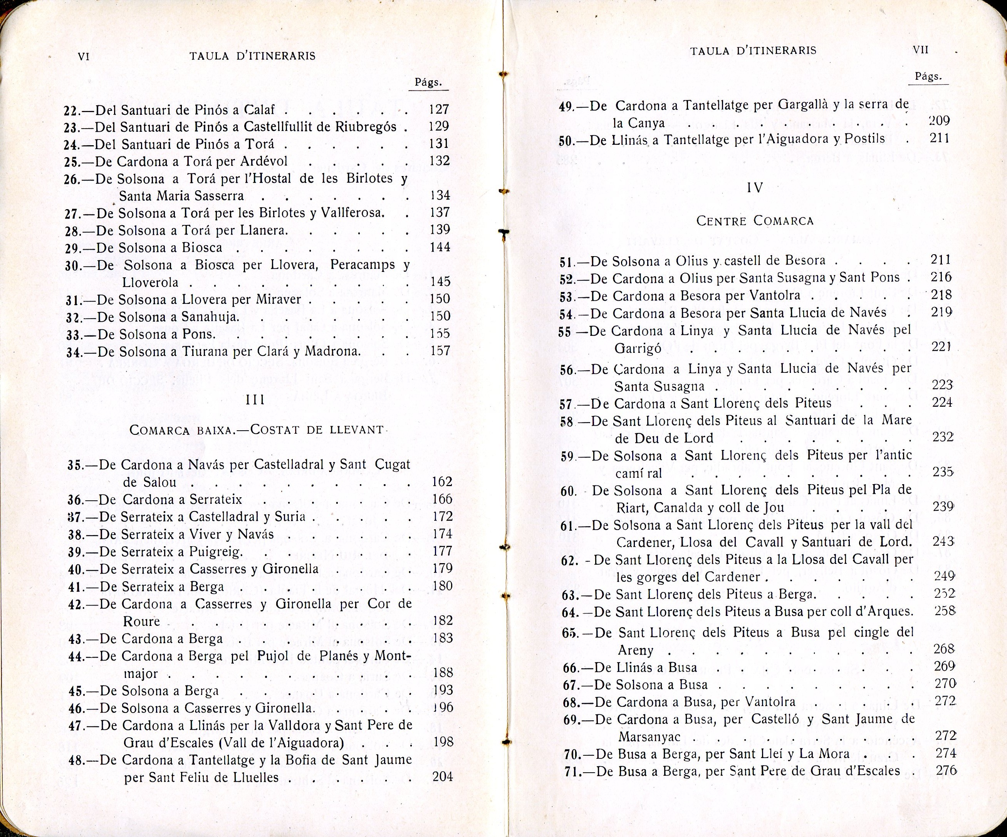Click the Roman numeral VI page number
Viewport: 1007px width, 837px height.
click(84, 56)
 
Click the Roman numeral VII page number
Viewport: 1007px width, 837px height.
click(921, 50)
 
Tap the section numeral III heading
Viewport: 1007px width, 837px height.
click(255, 400)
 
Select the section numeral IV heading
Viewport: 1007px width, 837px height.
click(755, 188)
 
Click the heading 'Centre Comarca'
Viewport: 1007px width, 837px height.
click(755, 221)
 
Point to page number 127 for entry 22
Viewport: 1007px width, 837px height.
click(439, 109)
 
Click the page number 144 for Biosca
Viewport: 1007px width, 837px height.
click(440, 247)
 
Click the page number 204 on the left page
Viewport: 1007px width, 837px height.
click(442, 776)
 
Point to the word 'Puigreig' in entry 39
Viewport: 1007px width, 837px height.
click(216, 552)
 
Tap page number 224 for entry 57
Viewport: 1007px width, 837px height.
click(942, 403)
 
